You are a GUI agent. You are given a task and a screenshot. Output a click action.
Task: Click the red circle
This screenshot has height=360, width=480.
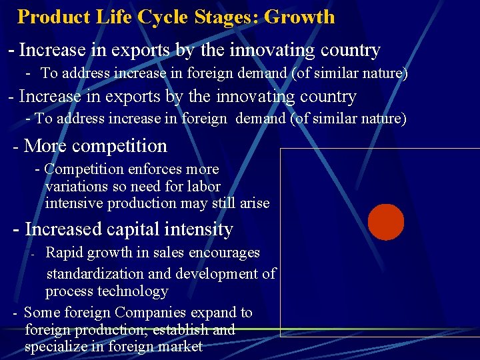[386, 222]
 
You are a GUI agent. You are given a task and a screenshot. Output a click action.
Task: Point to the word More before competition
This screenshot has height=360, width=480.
[47, 145]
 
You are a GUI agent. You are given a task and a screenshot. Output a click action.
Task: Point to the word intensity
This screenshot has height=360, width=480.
[203, 229]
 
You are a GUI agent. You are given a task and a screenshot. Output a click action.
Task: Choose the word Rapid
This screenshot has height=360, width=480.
[65, 253]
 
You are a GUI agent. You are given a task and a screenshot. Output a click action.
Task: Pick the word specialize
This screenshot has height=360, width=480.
[55, 346]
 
